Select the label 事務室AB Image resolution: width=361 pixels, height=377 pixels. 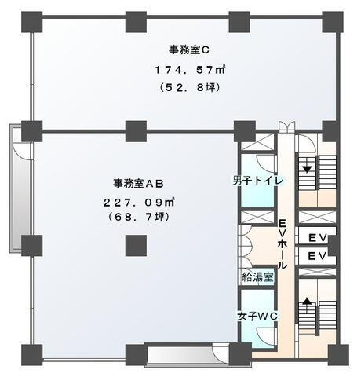[x=137, y=184]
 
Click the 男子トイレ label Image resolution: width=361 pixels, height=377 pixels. [x=257, y=180]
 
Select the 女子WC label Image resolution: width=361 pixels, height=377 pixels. [x=258, y=316]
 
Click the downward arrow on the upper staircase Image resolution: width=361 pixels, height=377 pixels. [x=307, y=167]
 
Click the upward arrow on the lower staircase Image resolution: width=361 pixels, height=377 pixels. [x=307, y=301]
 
